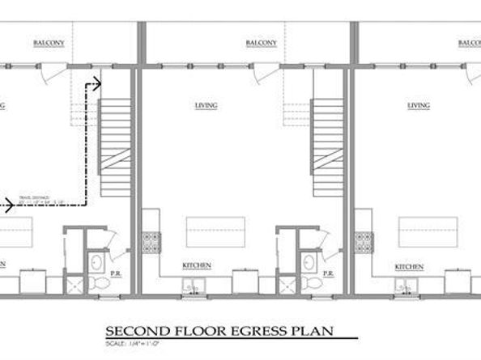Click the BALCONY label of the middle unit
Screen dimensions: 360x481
261,44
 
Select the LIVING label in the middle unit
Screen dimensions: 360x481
204,105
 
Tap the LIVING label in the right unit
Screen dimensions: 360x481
419,105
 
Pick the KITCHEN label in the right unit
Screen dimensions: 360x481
409,265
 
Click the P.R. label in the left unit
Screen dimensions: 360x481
116,274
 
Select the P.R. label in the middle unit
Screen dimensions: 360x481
329,274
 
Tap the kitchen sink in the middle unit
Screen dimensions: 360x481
194,284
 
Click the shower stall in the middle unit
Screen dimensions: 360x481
286,284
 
